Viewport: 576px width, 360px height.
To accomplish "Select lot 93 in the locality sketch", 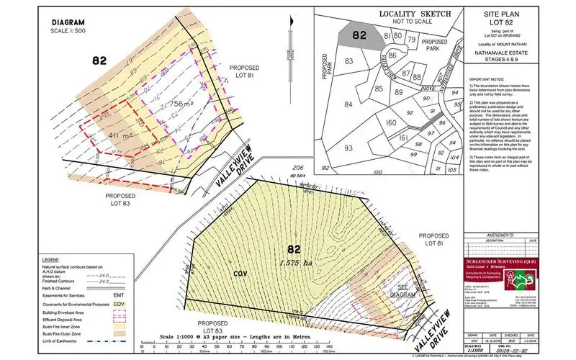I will (x=348, y=148).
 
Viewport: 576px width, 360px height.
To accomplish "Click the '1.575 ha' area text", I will (x=296, y=263).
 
